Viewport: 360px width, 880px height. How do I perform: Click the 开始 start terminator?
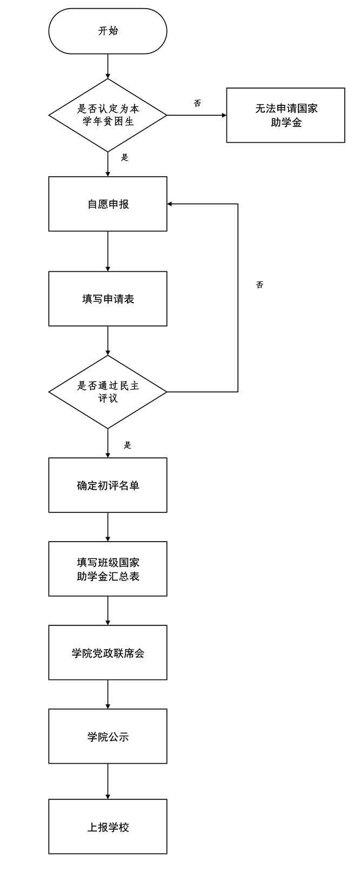(108, 31)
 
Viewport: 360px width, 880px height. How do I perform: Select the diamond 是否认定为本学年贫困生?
(108, 115)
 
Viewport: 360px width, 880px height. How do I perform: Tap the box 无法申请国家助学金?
(285, 115)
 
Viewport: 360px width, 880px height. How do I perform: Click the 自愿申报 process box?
(108, 204)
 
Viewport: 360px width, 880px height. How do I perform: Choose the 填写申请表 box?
(108, 298)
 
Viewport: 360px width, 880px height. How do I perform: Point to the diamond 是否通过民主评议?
(108, 392)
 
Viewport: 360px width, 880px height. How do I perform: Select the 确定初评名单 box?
(108, 485)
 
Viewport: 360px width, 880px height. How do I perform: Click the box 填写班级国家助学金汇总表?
(108, 569)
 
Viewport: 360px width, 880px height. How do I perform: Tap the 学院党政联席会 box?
(108, 652)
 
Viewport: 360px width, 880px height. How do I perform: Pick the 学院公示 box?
(108, 736)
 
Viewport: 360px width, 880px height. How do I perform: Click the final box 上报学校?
(108, 826)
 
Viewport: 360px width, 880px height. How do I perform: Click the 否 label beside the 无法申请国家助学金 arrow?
(197, 103)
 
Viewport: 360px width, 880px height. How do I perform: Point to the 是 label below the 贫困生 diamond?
(125, 158)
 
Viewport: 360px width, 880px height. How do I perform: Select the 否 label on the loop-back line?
(259, 285)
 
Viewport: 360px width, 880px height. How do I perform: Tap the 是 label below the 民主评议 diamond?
(128, 445)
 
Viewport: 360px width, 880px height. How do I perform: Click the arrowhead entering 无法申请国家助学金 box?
(224, 115)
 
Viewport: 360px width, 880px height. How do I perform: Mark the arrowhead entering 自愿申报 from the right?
(170, 204)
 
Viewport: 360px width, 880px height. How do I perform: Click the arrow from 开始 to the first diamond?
(108, 66)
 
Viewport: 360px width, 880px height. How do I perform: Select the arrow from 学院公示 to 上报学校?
(108, 781)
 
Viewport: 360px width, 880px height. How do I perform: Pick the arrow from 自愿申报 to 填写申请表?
(108, 251)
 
